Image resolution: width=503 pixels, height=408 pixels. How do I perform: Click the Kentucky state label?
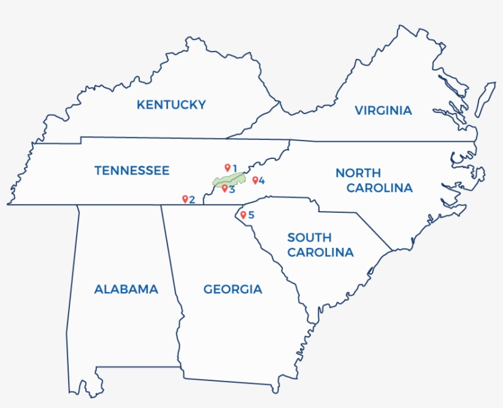tap(171, 105)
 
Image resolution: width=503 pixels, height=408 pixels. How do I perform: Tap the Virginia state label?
tap(383, 110)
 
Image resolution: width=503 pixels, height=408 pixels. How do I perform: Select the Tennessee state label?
tap(132, 171)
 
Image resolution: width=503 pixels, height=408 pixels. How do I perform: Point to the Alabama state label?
tap(126, 289)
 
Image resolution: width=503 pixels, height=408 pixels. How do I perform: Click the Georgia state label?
tap(232, 289)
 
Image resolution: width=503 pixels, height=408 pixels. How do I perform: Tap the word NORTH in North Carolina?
tap(358, 173)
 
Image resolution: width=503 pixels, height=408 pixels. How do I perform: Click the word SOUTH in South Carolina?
tap(309, 237)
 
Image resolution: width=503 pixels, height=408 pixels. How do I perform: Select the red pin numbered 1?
tap(227, 167)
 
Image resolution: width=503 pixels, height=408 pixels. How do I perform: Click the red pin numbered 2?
tap(185, 198)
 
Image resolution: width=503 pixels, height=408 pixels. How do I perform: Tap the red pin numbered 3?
tap(225, 188)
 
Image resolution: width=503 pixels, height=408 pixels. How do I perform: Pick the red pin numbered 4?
tap(255, 180)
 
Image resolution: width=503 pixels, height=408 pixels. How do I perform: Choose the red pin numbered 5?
tap(243, 214)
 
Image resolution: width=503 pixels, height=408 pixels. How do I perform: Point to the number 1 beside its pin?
tap(234, 167)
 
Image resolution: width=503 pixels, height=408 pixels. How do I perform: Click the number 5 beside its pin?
tap(251, 215)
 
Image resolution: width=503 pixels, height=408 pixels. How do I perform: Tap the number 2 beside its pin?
tap(192, 199)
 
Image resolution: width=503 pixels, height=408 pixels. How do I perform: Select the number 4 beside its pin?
tap(262, 180)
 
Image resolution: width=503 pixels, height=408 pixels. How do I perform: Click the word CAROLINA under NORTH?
tap(379, 188)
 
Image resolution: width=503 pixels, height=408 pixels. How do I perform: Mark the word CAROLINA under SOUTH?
tap(321, 252)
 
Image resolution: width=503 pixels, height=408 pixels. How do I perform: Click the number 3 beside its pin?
tap(232, 189)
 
